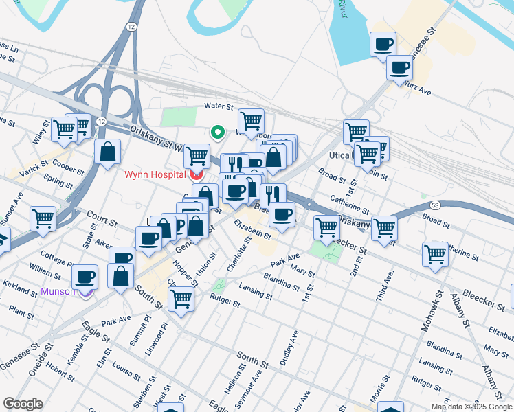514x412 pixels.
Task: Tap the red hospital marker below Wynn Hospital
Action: [x=197, y=174]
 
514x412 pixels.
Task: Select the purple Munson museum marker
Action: [x=85, y=293]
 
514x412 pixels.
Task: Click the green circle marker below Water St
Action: [x=218, y=133]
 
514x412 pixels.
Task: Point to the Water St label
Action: [x=219, y=107]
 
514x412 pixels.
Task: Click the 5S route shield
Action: [x=435, y=205]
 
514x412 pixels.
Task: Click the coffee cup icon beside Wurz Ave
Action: [x=399, y=68]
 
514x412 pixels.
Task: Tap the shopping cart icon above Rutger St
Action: [x=181, y=299]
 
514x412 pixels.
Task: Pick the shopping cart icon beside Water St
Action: [x=251, y=122]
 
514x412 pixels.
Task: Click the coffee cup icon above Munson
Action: [x=85, y=277]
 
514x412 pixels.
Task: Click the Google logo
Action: [x=23, y=404]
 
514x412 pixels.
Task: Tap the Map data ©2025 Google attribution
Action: [x=471, y=407]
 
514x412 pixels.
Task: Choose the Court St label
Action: [x=103, y=221]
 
